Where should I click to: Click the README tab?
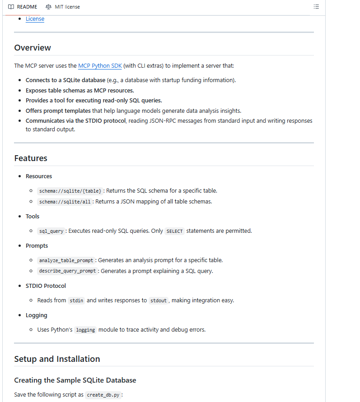coord(23,7)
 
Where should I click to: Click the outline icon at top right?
coord(316,7)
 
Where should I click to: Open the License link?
coord(35,18)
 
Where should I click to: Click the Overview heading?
coord(33,48)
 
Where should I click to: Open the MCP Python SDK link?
coord(100,65)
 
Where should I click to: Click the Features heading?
coord(31,158)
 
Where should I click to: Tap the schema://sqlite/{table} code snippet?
coord(70,191)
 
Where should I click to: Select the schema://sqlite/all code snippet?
coord(65,202)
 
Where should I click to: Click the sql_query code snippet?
coord(51,231)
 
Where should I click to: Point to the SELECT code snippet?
coord(174,231)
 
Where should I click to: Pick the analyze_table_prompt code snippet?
coord(66,260)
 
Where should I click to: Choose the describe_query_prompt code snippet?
coord(68,271)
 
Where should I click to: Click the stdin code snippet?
coord(76,300)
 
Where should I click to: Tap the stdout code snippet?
coord(159,300)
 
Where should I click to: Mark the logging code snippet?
coord(85,330)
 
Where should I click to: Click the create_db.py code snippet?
coord(103,395)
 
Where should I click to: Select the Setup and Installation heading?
coord(57,359)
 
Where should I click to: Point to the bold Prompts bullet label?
coord(37,245)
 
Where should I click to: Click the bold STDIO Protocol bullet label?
coord(46,286)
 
